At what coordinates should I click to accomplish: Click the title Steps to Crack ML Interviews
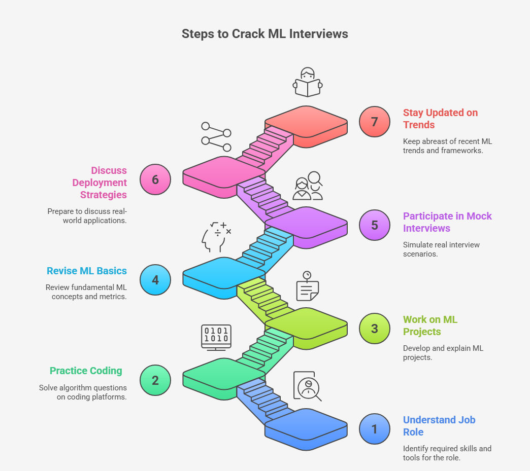264,34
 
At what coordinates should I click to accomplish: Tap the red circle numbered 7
374,122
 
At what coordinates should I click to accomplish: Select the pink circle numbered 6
155,179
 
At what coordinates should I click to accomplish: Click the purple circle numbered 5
374,225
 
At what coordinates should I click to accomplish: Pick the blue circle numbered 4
155,280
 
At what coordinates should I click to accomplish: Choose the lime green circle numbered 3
374,328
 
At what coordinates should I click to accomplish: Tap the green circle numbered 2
155,380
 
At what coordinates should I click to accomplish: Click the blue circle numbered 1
374,429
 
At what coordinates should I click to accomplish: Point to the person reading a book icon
307,82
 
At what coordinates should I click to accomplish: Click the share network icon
216,137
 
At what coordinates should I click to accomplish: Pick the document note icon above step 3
307,286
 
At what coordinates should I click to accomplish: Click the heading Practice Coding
86,371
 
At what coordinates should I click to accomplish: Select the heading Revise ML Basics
86,271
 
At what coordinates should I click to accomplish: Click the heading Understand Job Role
439,426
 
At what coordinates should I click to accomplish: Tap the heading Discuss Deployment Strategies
100,183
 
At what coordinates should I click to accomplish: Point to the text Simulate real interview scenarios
441,249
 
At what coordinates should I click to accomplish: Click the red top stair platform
306,124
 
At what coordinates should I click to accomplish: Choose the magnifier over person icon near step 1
307,386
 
